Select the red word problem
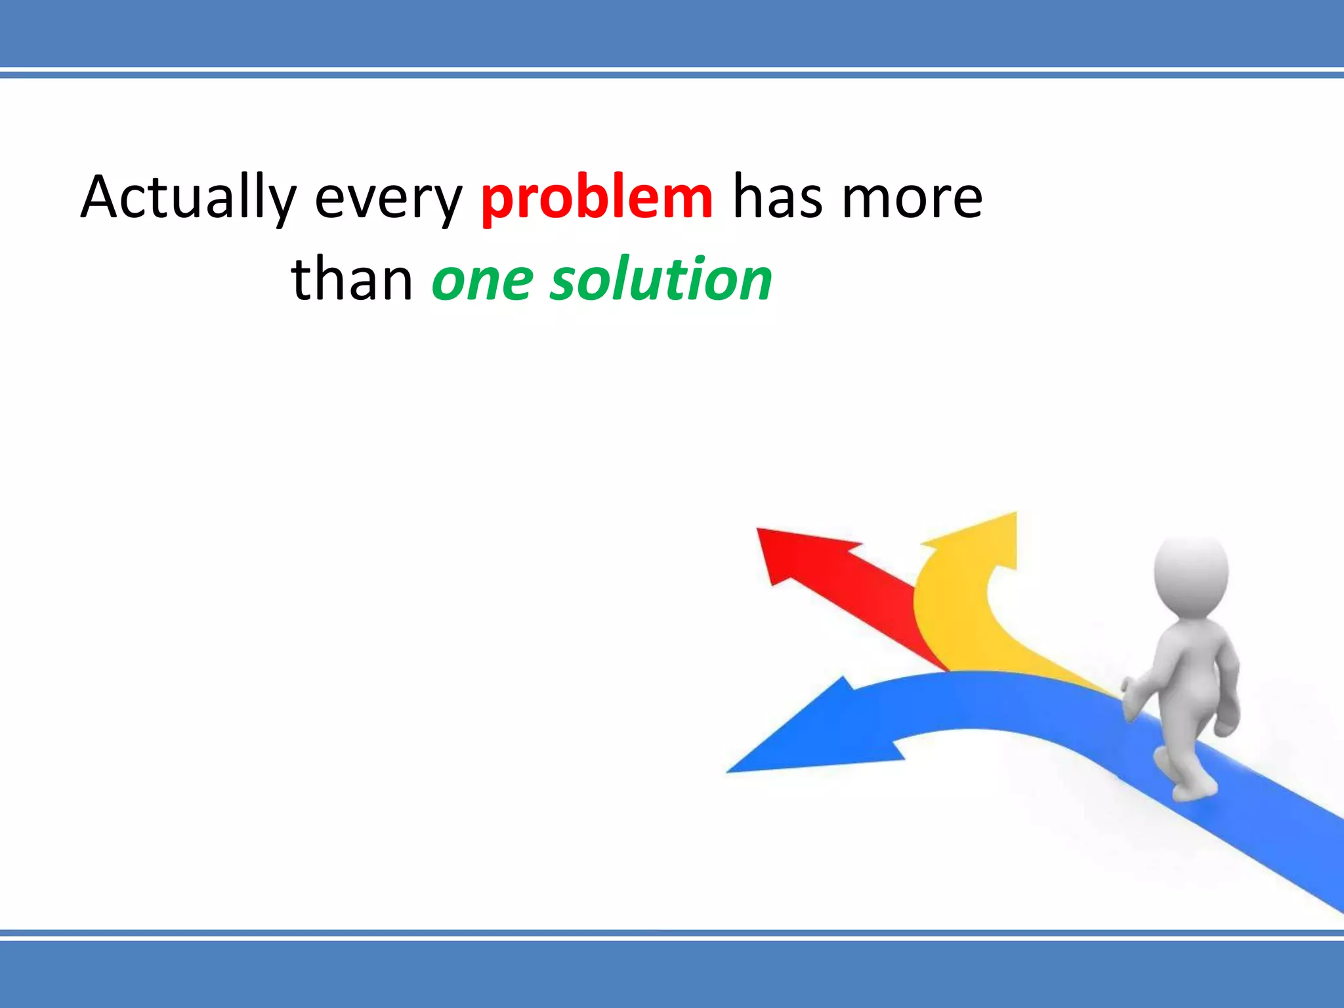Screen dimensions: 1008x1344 click(596, 198)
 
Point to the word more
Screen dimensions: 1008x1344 click(912, 198)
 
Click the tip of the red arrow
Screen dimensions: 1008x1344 click(761, 532)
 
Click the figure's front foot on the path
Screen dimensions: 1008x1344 click(1194, 791)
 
